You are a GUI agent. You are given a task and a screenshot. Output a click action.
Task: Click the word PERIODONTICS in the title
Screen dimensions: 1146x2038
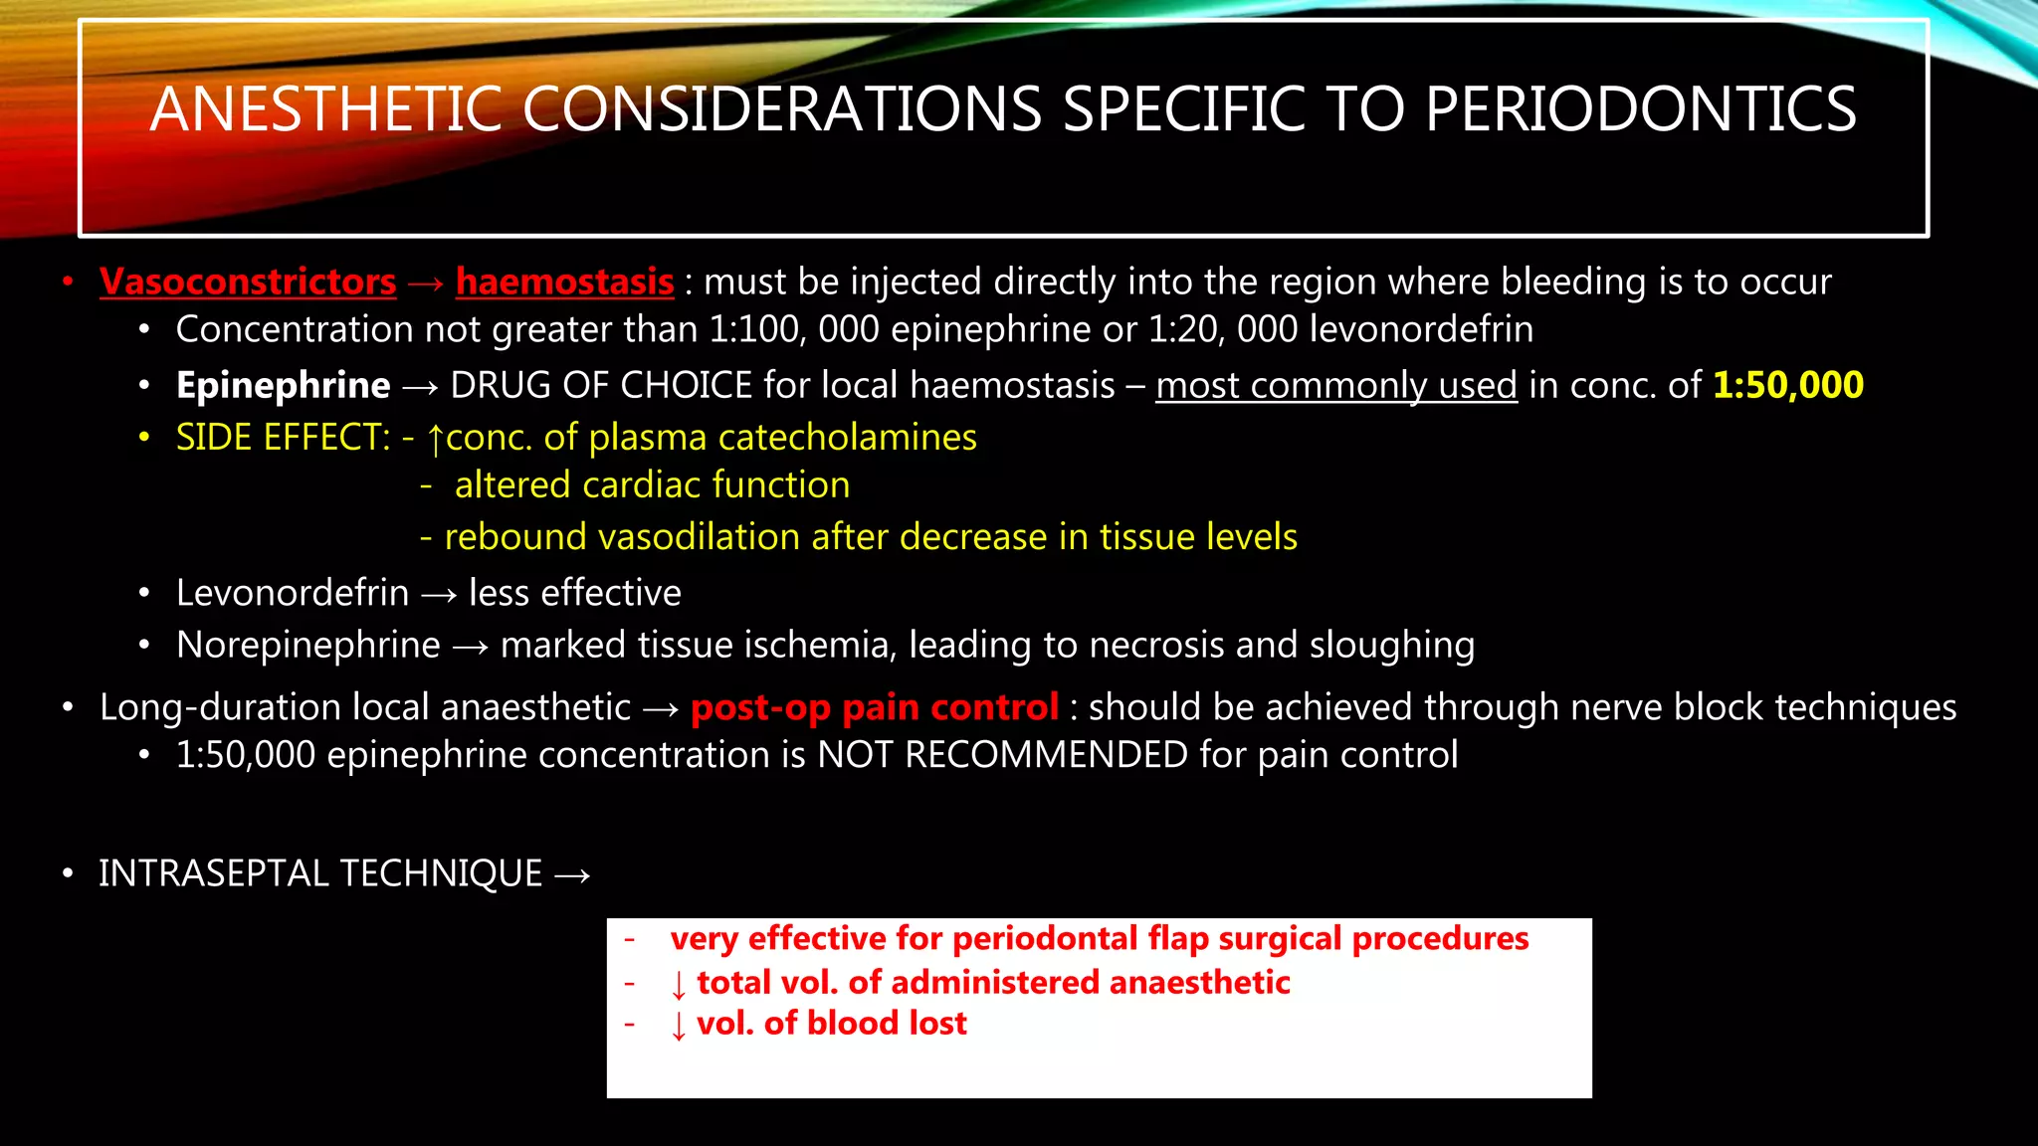point(1640,109)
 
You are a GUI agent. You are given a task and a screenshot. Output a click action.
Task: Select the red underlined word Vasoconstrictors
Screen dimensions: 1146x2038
point(248,283)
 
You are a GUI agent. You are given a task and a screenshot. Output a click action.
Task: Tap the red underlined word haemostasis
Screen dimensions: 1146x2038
point(564,283)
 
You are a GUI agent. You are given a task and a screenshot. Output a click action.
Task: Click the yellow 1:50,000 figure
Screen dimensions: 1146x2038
point(1787,385)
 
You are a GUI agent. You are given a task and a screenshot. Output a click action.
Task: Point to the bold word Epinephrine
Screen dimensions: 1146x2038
point(283,386)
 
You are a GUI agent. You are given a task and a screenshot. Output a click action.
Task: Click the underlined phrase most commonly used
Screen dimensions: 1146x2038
point(1335,386)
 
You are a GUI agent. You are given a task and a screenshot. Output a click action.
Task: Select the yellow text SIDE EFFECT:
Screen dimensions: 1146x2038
point(283,438)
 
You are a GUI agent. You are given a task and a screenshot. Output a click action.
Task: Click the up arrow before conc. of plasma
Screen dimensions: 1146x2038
point(435,440)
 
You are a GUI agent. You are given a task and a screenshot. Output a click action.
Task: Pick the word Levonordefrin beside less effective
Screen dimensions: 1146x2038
point(292,594)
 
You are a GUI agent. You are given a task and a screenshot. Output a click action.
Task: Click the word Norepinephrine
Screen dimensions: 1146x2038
point(307,646)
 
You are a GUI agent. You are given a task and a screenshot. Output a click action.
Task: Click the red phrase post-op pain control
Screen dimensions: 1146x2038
point(874,707)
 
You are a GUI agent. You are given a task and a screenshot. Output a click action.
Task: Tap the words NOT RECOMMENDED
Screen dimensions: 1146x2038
point(1002,755)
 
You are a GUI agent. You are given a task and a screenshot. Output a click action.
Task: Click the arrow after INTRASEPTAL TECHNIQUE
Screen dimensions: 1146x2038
point(572,875)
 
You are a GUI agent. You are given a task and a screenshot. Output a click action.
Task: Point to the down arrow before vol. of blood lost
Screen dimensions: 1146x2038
point(679,1025)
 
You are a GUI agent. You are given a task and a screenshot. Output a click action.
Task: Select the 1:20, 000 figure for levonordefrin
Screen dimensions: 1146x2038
point(1222,330)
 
